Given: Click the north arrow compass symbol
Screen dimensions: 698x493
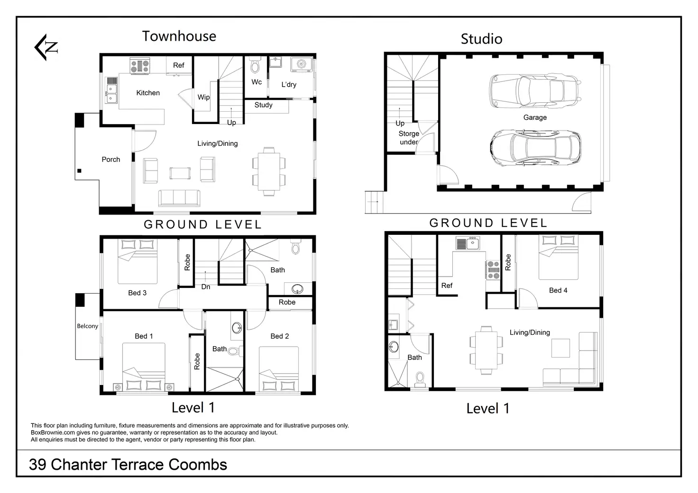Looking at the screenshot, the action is [x=46, y=47].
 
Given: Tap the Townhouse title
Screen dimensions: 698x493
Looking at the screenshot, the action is [x=179, y=36].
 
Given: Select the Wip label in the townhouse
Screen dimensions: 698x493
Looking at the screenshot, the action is [x=203, y=97].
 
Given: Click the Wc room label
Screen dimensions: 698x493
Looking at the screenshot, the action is [x=257, y=82].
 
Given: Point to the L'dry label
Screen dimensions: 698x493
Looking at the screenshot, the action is [x=289, y=84].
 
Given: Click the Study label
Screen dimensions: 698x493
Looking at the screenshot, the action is [x=263, y=105].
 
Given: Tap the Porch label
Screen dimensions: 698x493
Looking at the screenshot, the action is [x=111, y=159].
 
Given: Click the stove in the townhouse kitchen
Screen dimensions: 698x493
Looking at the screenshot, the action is [x=140, y=66].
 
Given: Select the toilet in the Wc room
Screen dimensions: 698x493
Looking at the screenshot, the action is [x=255, y=64].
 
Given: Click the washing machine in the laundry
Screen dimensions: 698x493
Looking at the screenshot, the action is [x=301, y=64].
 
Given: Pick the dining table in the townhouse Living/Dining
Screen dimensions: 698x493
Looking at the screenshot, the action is [x=268, y=171].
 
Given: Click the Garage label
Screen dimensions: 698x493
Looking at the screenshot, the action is [x=535, y=117].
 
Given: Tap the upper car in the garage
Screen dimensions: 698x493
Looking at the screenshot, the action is [x=535, y=91].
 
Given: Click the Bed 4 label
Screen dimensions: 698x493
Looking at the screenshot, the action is [x=558, y=290].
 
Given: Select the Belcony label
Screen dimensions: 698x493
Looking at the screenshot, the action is [x=88, y=326].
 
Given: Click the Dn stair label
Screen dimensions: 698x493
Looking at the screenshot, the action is [x=206, y=287].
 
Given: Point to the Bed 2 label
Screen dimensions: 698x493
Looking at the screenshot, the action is [x=279, y=336].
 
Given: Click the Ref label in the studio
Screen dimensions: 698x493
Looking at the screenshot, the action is [x=447, y=286].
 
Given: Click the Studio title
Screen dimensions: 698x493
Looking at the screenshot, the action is [x=481, y=39].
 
